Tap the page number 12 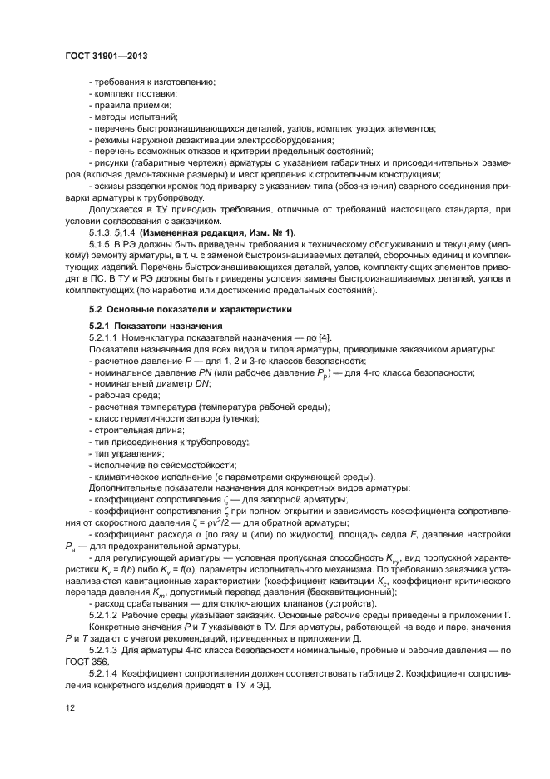click(71, 707)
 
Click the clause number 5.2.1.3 click(104, 650)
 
